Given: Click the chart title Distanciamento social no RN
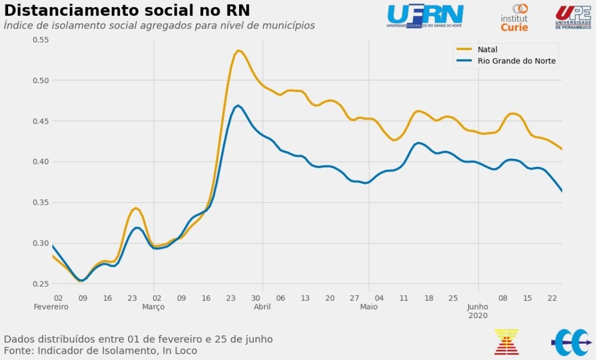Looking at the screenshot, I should [x=127, y=10].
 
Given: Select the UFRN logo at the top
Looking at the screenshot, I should [x=425, y=16].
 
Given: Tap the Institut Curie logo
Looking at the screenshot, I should [x=515, y=17].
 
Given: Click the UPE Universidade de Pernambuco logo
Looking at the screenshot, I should [x=573, y=17].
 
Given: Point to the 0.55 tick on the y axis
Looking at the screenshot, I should [x=40, y=40].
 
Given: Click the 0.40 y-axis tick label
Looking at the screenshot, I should [x=40, y=162].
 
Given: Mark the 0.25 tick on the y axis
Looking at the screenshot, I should [x=40, y=284].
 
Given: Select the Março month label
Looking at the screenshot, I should [x=153, y=306].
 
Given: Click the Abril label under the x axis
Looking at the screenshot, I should [x=262, y=306].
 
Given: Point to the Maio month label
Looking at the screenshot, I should [x=368, y=306].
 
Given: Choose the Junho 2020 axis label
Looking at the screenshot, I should [x=478, y=311].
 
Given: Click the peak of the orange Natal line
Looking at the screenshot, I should [x=238, y=51].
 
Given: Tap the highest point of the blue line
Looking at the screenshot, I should [x=238, y=106].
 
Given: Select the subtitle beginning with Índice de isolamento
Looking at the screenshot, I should [x=159, y=26].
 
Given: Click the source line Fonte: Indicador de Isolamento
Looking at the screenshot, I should [x=100, y=351].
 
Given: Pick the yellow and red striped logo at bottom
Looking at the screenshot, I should [x=506, y=342].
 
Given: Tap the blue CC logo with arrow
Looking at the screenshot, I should [x=570, y=343].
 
